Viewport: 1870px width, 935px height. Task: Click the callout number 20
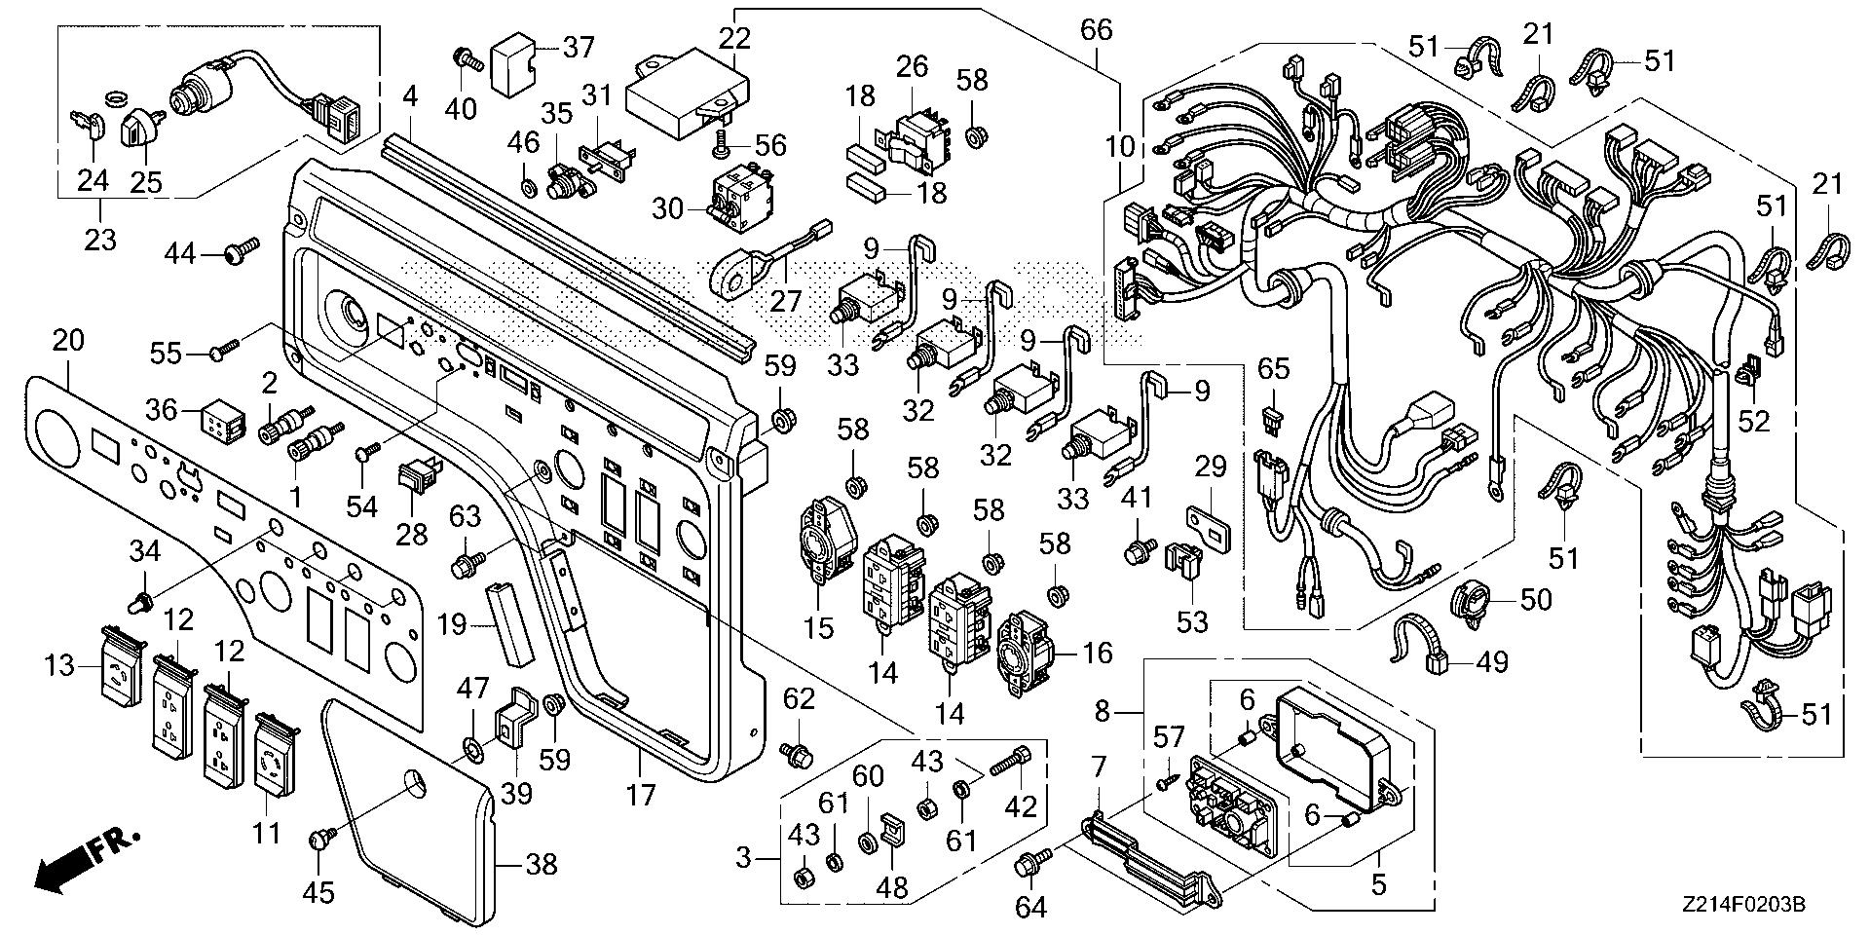pos(68,341)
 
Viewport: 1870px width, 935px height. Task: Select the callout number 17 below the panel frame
pos(640,796)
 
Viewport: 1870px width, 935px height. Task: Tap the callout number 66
pos(1096,30)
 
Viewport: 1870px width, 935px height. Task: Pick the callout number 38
pos(541,863)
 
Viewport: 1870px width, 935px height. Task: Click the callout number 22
pos(735,39)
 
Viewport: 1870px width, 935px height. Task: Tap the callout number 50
pos(1535,599)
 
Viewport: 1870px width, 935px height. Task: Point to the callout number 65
pos(1273,369)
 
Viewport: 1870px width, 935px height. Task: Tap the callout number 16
pos(1097,653)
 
